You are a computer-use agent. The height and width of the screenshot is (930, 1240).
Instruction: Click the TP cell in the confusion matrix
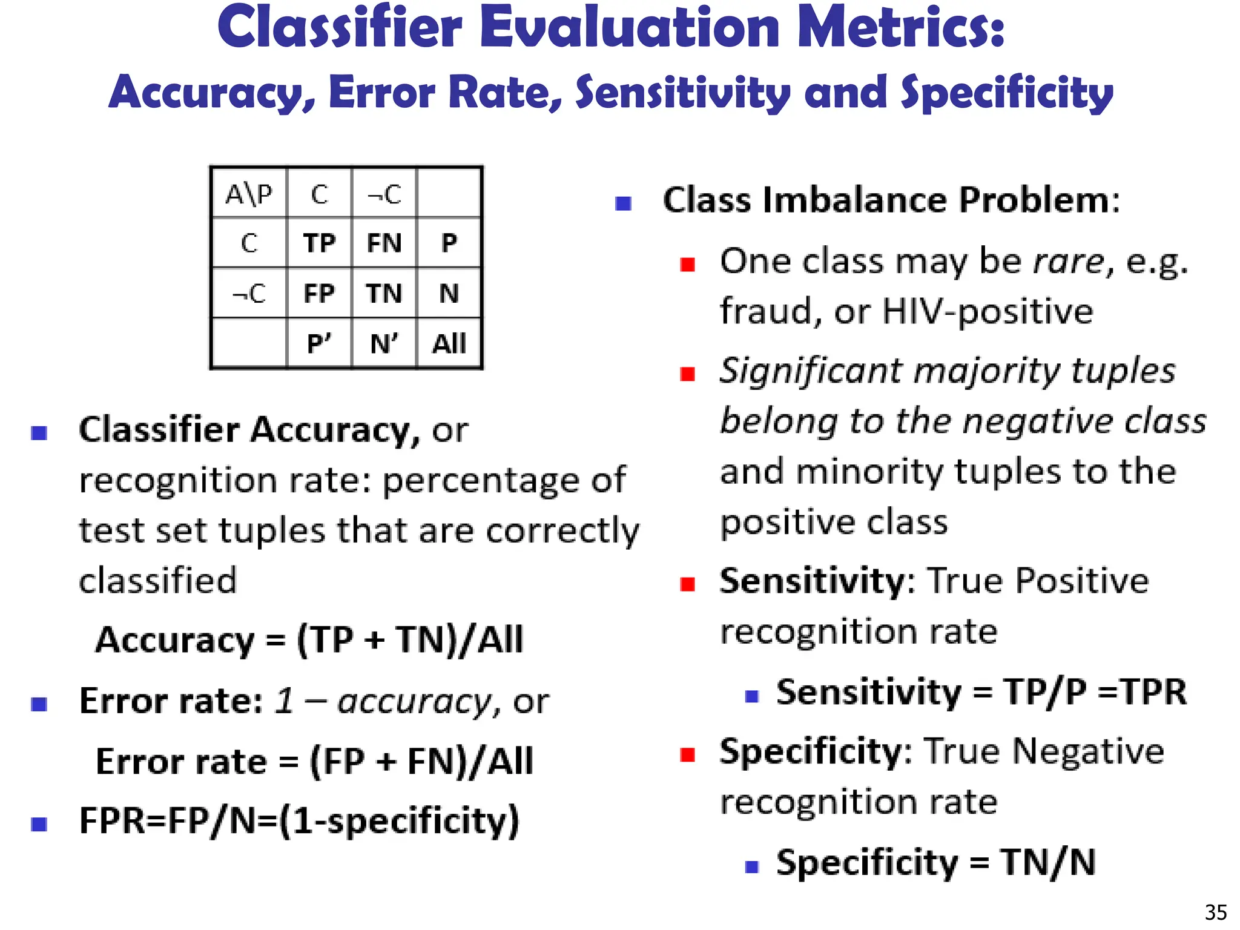click(319, 243)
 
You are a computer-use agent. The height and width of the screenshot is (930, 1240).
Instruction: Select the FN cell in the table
click(384, 243)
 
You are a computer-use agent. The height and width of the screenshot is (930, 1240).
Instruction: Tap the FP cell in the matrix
click(319, 294)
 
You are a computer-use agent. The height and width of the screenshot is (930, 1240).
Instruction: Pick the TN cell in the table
click(384, 294)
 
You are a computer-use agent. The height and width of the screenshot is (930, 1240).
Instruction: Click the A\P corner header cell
click(249, 194)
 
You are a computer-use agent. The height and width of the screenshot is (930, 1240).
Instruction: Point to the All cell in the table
click(449, 344)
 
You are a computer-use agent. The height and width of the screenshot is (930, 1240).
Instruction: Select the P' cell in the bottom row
click(319, 344)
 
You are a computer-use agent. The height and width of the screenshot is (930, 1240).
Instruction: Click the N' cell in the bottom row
click(384, 344)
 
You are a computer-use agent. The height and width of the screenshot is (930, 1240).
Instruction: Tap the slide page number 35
click(1216, 912)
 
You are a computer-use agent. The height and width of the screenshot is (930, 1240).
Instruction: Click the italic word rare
click(1069, 262)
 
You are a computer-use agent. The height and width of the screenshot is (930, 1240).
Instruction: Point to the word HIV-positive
click(988, 311)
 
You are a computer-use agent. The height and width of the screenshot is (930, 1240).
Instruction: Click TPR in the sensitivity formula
click(1154, 691)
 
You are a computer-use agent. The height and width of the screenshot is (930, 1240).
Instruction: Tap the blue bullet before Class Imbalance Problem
click(623, 203)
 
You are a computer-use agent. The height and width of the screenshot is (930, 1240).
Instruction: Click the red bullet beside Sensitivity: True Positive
click(687, 584)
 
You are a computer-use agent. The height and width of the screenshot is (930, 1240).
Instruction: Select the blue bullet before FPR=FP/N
click(39, 824)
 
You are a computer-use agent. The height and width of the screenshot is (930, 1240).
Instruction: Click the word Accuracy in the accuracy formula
click(176, 640)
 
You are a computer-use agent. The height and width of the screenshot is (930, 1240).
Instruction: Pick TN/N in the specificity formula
click(1047, 862)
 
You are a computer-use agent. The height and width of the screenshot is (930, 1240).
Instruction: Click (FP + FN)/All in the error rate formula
click(421, 761)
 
